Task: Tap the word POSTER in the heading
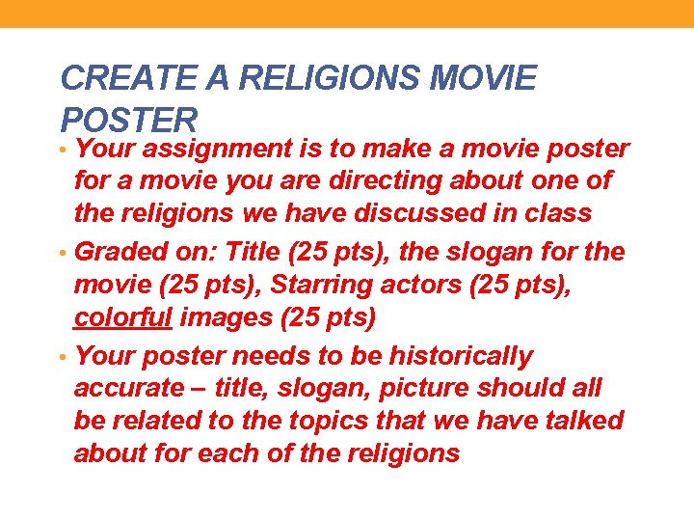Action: (x=128, y=120)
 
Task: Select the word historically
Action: (x=461, y=356)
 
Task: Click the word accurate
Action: (x=127, y=389)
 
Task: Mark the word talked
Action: (x=577, y=422)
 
